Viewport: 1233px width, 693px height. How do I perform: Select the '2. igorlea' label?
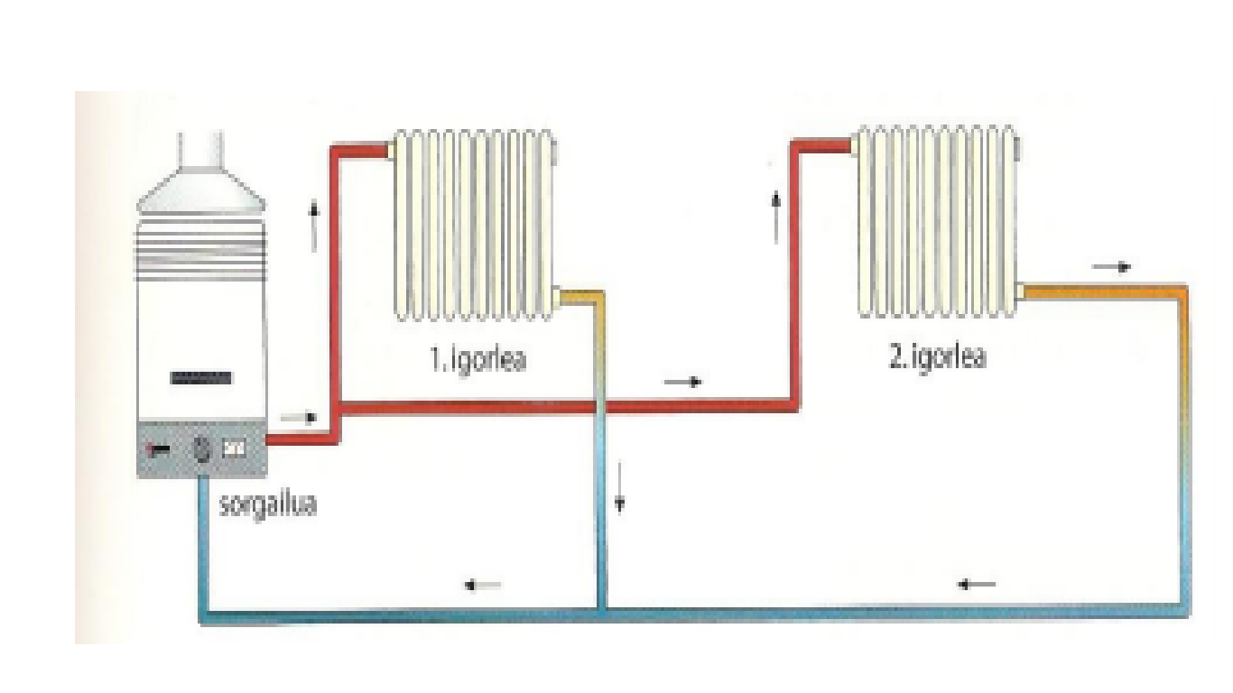(x=938, y=356)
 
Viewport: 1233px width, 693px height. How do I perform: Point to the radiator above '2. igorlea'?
(x=937, y=221)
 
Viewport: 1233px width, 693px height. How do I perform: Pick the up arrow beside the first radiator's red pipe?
(x=314, y=226)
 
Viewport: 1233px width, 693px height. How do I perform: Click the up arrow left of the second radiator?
(x=775, y=217)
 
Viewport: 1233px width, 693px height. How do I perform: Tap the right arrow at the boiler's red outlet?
(x=300, y=418)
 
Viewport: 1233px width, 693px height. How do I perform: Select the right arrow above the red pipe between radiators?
(x=682, y=383)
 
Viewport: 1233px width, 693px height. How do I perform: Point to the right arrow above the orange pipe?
(x=1110, y=267)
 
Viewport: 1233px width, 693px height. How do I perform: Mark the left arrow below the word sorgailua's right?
(x=483, y=585)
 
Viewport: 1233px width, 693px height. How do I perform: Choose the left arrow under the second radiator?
(x=977, y=585)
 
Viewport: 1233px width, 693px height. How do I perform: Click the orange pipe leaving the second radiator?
(x=1101, y=291)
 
